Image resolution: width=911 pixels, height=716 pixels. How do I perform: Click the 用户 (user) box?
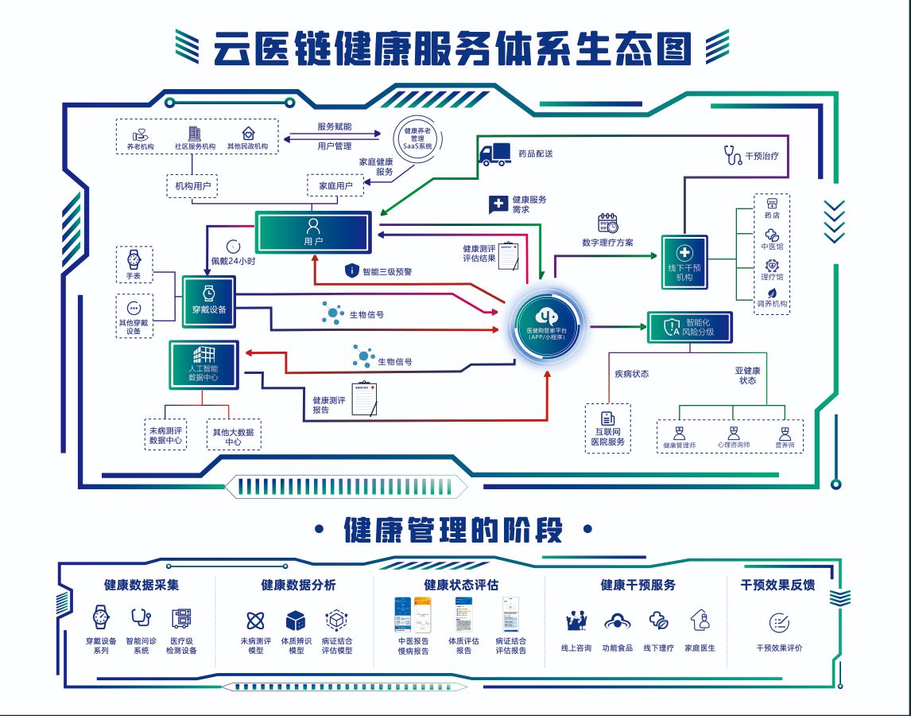coord(313,232)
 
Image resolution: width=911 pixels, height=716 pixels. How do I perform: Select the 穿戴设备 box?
coord(209,301)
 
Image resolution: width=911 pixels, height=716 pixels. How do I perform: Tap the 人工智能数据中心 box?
coord(204,365)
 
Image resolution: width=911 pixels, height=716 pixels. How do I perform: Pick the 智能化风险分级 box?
coord(688,327)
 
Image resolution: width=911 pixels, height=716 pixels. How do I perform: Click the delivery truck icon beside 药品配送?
coord(495,154)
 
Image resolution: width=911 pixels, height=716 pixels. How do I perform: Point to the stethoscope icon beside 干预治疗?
coord(732,155)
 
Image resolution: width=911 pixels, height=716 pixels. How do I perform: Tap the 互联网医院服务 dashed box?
coord(608,428)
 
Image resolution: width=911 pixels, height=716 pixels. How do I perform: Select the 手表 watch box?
coord(134,264)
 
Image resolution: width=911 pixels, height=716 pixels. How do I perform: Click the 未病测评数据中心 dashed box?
coord(165,434)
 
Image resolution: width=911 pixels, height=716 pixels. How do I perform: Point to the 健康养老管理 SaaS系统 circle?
coord(417,138)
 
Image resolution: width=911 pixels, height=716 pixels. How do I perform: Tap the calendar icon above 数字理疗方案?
coord(608,223)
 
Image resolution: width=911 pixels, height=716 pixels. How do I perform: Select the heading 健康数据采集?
coord(141,585)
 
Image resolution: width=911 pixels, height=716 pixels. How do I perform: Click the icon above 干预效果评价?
coord(779,623)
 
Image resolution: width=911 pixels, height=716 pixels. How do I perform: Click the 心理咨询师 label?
coord(732,445)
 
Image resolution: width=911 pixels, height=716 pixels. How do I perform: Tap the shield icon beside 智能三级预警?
coord(352,270)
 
